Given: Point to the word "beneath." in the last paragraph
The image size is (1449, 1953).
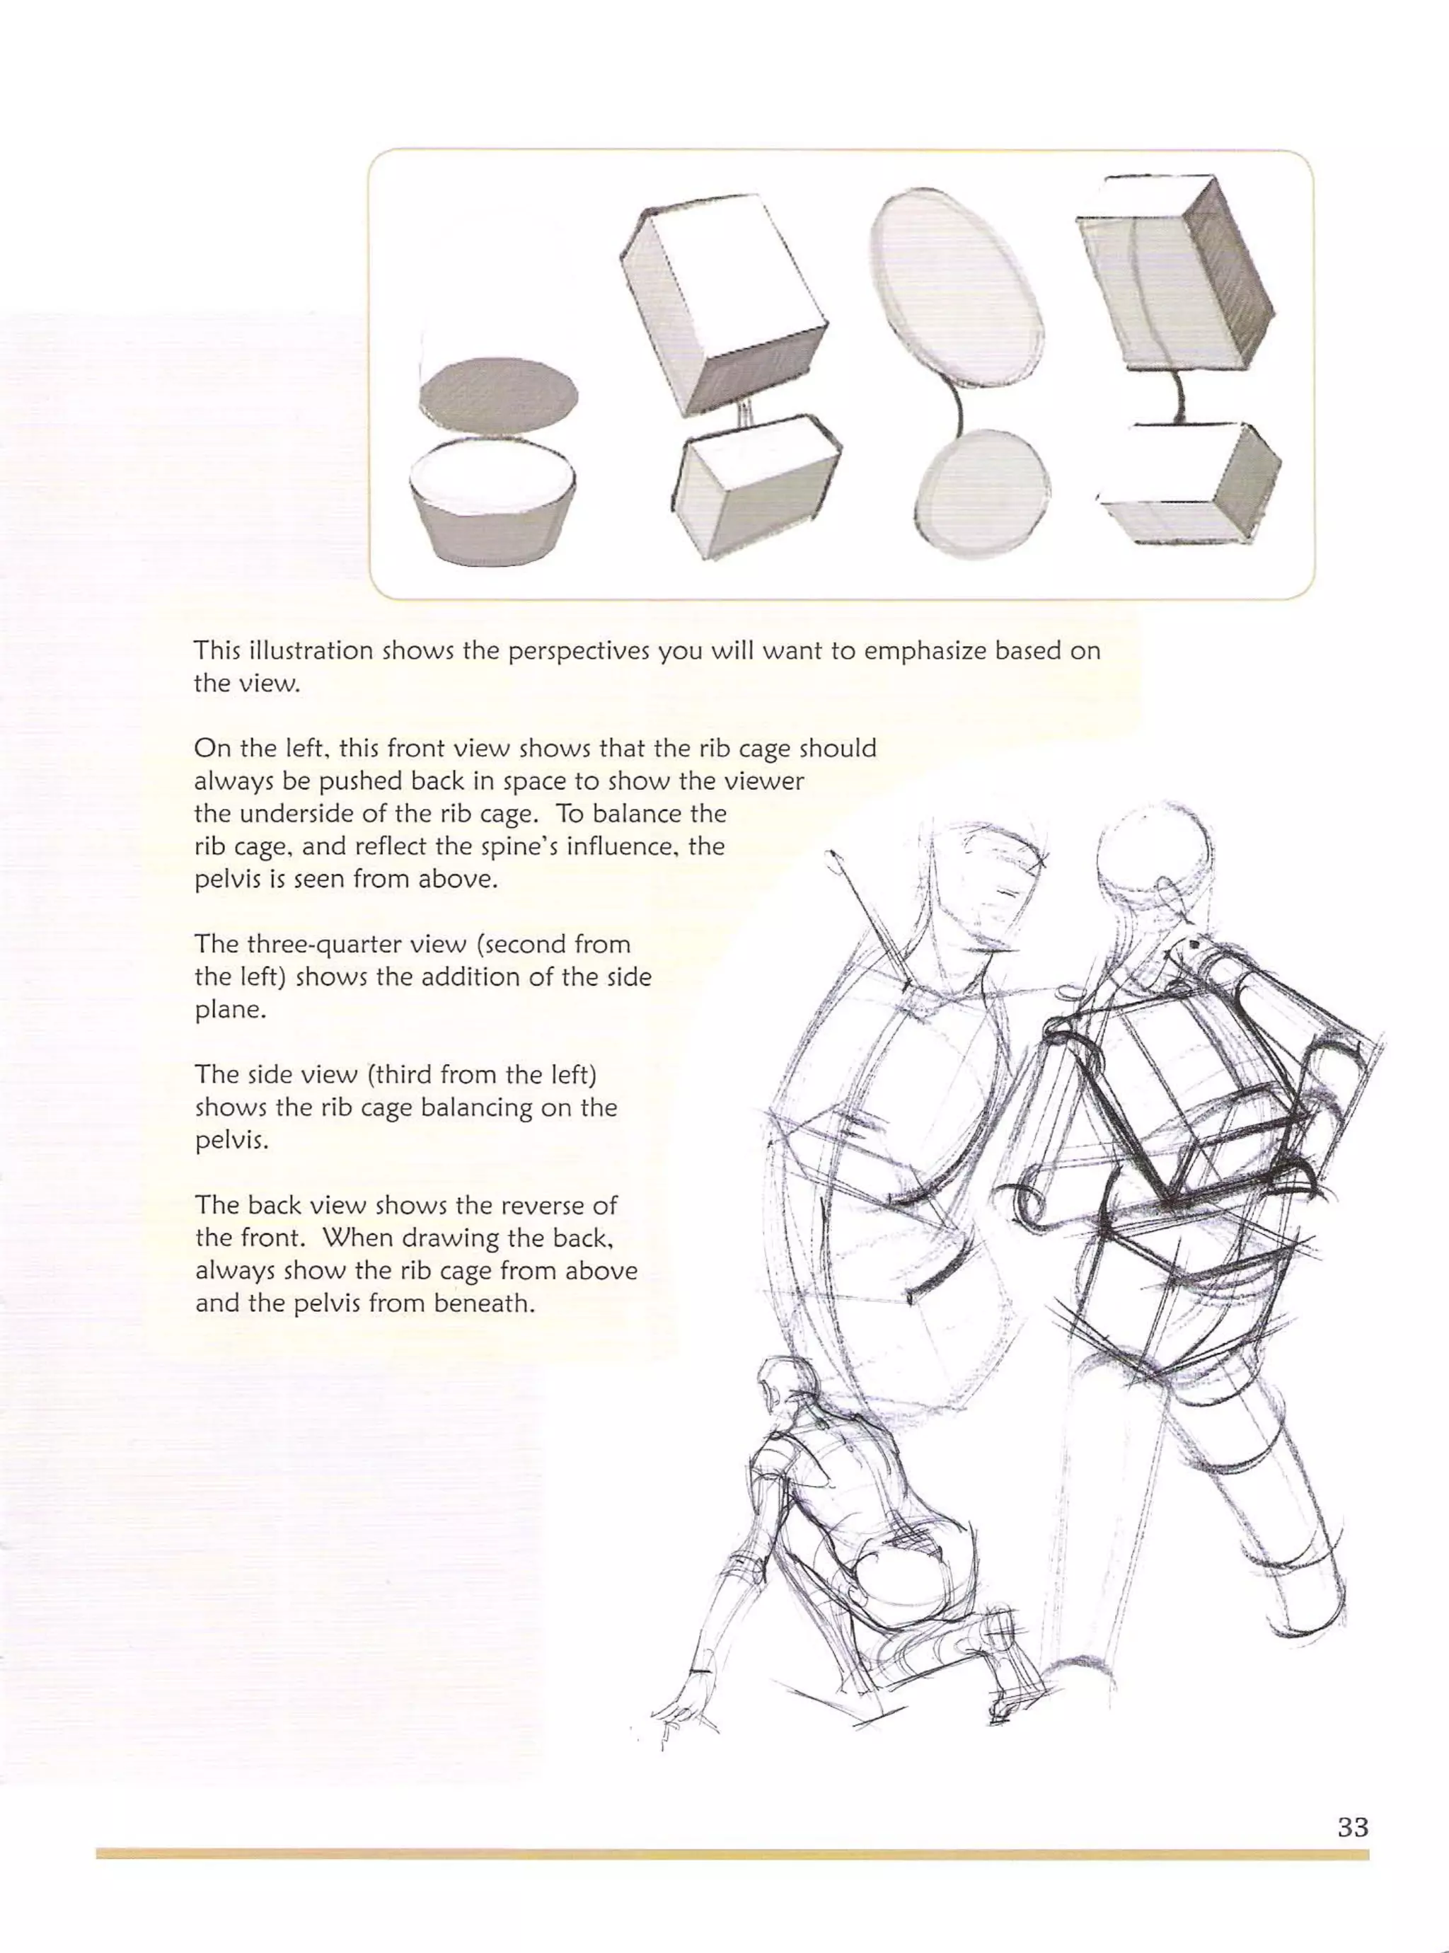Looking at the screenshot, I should tap(484, 1303).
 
